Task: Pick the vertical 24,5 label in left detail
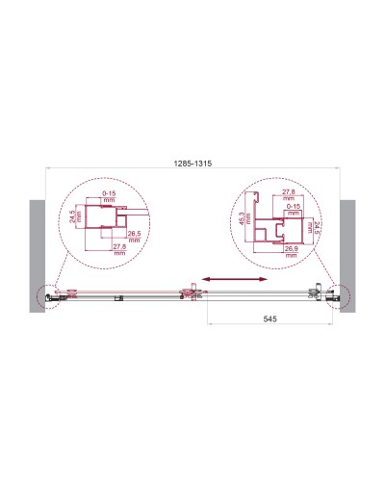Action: click(x=73, y=225)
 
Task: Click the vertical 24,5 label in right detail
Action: click(x=314, y=231)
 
